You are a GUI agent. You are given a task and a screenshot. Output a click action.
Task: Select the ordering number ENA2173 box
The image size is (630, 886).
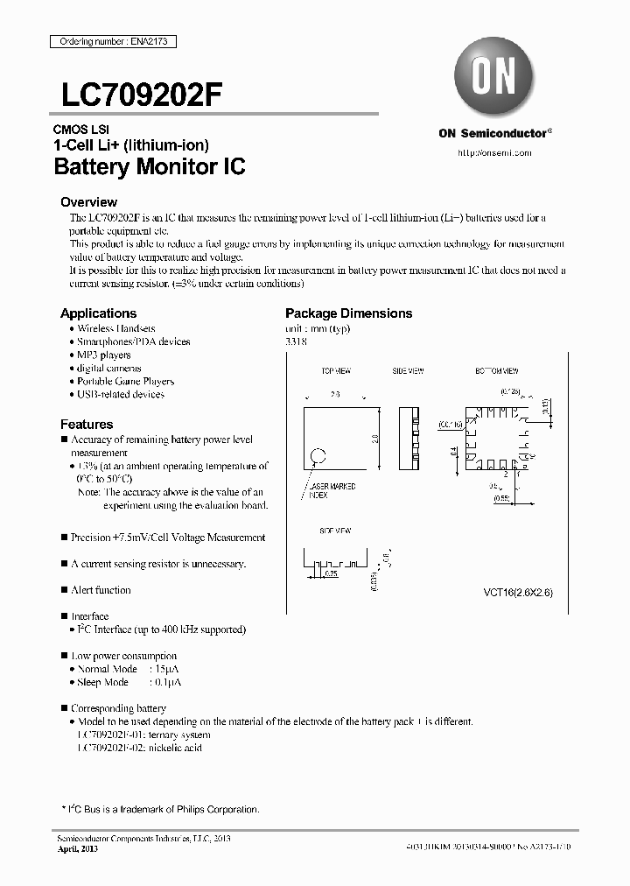(x=105, y=41)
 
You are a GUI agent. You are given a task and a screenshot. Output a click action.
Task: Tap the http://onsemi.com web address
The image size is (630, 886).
(x=495, y=152)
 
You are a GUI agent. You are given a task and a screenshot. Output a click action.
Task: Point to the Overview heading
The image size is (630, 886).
(x=88, y=201)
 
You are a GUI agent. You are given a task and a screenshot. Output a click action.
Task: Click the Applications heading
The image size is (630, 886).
(x=98, y=313)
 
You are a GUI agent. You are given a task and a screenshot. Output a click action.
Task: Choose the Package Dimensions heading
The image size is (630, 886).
(x=348, y=313)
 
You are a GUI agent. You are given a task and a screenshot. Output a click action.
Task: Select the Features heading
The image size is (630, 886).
(x=86, y=424)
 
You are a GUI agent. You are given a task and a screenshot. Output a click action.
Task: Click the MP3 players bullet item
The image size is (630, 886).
(x=103, y=355)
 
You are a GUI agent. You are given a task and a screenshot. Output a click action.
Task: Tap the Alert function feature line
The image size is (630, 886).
(x=101, y=590)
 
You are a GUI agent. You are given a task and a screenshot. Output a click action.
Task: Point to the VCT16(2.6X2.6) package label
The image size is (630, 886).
(x=518, y=593)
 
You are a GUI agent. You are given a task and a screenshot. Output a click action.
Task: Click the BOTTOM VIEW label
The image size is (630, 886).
(x=496, y=371)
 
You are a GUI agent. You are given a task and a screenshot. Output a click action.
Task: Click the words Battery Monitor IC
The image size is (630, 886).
(x=149, y=166)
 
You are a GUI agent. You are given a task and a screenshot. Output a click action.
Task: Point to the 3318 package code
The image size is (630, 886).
(x=296, y=341)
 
